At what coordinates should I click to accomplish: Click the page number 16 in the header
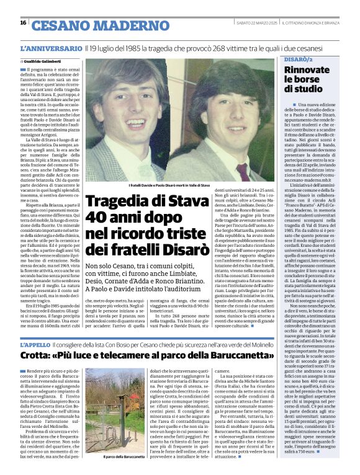tap(23, 23)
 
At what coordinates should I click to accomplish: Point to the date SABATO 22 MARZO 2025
tap(255, 24)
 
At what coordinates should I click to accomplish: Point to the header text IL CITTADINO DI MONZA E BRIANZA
tap(314, 24)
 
